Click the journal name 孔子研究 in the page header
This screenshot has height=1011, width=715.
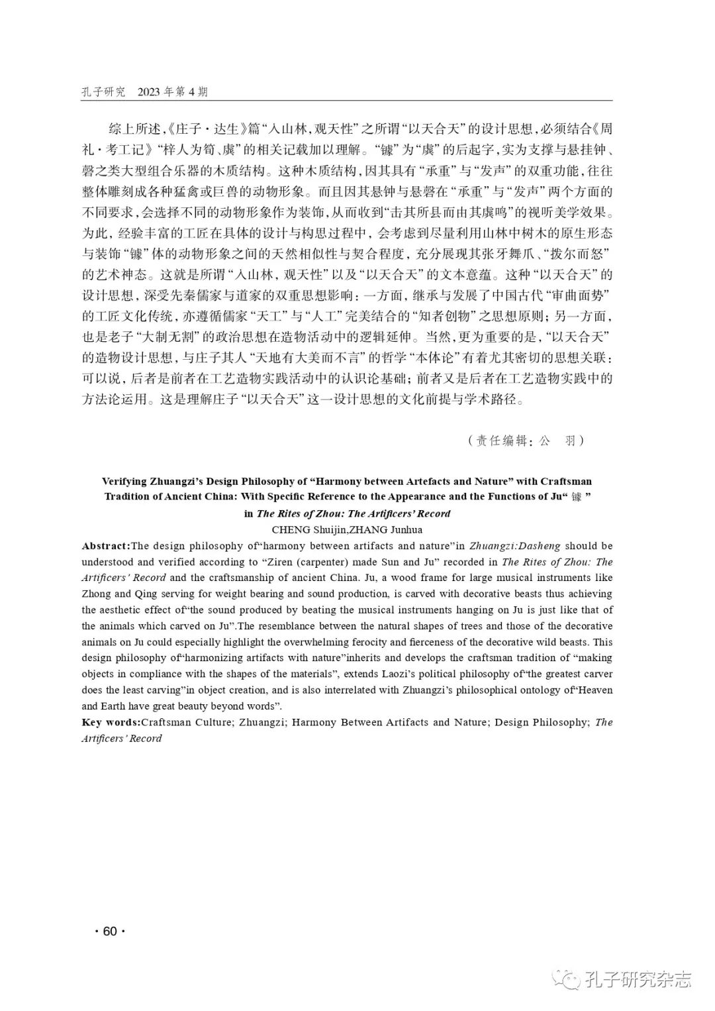(x=103, y=92)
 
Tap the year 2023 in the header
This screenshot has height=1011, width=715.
(x=151, y=92)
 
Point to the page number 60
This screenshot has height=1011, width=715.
(x=110, y=931)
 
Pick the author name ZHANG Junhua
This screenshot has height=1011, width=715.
(x=383, y=529)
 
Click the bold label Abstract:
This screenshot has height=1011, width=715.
(x=106, y=546)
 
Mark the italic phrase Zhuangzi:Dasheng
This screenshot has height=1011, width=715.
(x=515, y=546)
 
